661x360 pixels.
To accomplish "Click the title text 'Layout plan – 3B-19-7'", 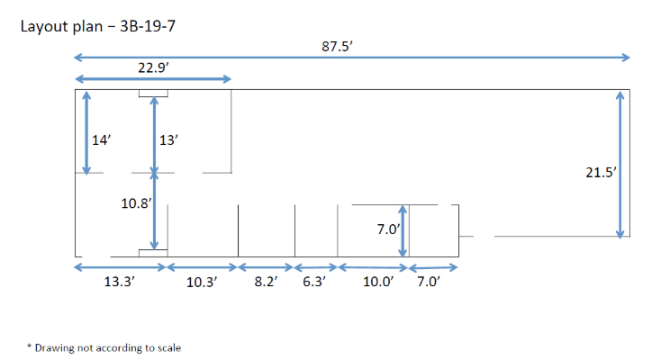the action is pyautogui.click(x=98, y=26).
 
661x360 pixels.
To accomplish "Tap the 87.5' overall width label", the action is pyautogui.click(x=337, y=46).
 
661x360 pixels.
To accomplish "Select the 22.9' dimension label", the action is pyautogui.click(x=153, y=67).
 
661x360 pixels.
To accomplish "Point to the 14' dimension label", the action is pyautogui.click(x=101, y=139).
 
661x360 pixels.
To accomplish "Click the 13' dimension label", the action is pyautogui.click(x=168, y=139).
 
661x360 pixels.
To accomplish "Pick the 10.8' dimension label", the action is pyautogui.click(x=136, y=203).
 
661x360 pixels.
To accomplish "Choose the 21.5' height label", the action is pyautogui.click(x=602, y=172).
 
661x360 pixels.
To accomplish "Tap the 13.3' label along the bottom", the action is pyautogui.click(x=119, y=281).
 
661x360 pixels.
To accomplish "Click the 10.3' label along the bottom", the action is pyautogui.click(x=202, y=282).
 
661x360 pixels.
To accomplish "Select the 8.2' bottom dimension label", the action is pyautogui.click(x=266, y=281).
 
